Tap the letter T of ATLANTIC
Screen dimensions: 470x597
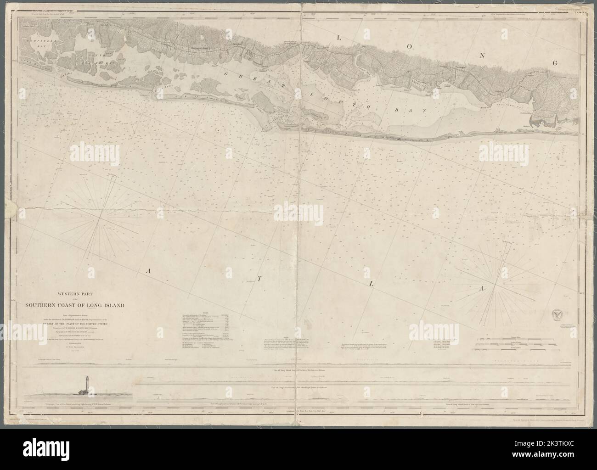(x=259, y=278)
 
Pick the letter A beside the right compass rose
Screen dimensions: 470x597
(x=482, y=288)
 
